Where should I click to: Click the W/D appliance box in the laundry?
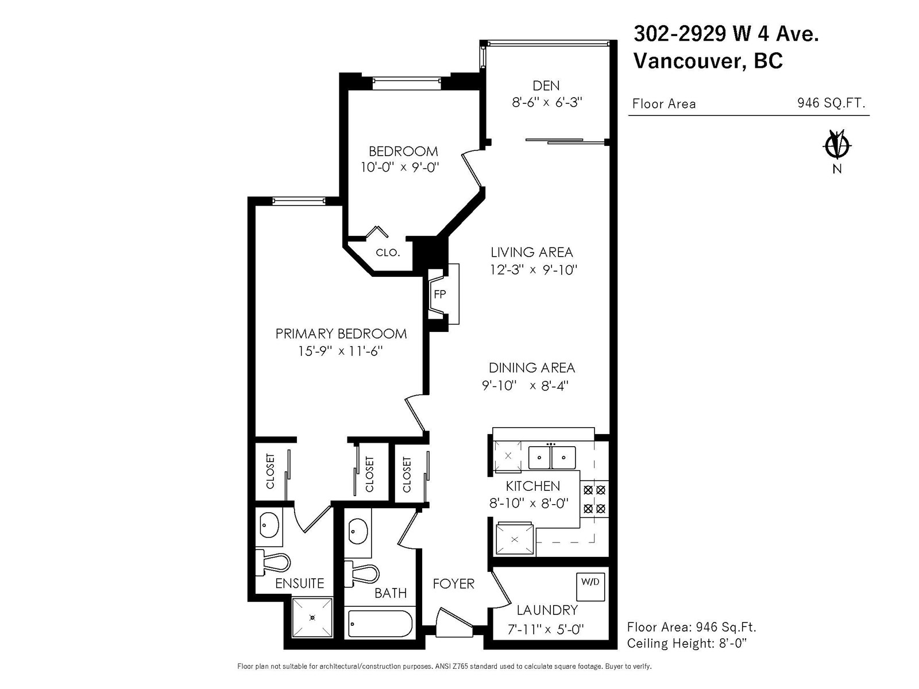pyautogui.click(x=590, y=586)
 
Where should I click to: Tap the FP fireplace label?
pyautogui.click(x=439, y=295)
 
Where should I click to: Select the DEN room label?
pyautogui.click(x=546, y=86)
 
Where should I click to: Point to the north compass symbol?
pyautogui.click(x=837, y=146)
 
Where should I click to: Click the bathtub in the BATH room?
pyautogui.click(x=380, y=624)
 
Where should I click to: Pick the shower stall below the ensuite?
pyautogui.click(x=312, y=617)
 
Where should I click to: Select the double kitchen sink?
pyautogui.click(x=552, y=458)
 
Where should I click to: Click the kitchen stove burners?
pyautogui.click(x=594, y=499)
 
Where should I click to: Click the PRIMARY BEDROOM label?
pyautogui.click(x=341, y=334)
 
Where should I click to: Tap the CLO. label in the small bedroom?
pyautogui.click(x=388, y=253)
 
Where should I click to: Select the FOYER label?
pyautogui.click(x=453, y=584)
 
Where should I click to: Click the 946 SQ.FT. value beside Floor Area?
pyautogui.click(x=831, y=103)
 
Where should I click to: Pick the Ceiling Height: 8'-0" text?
pyautogui.click(x=686, y=644)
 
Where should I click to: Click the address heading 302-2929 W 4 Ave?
pyautogui.click(x=726, y=33)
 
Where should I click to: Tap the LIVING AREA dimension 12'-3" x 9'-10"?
pyautogui.click(x=534, y=270)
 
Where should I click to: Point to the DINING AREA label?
pyautogui.click(x=532, y=368)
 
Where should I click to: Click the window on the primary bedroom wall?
pyautogui.click(x=299, y=201)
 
